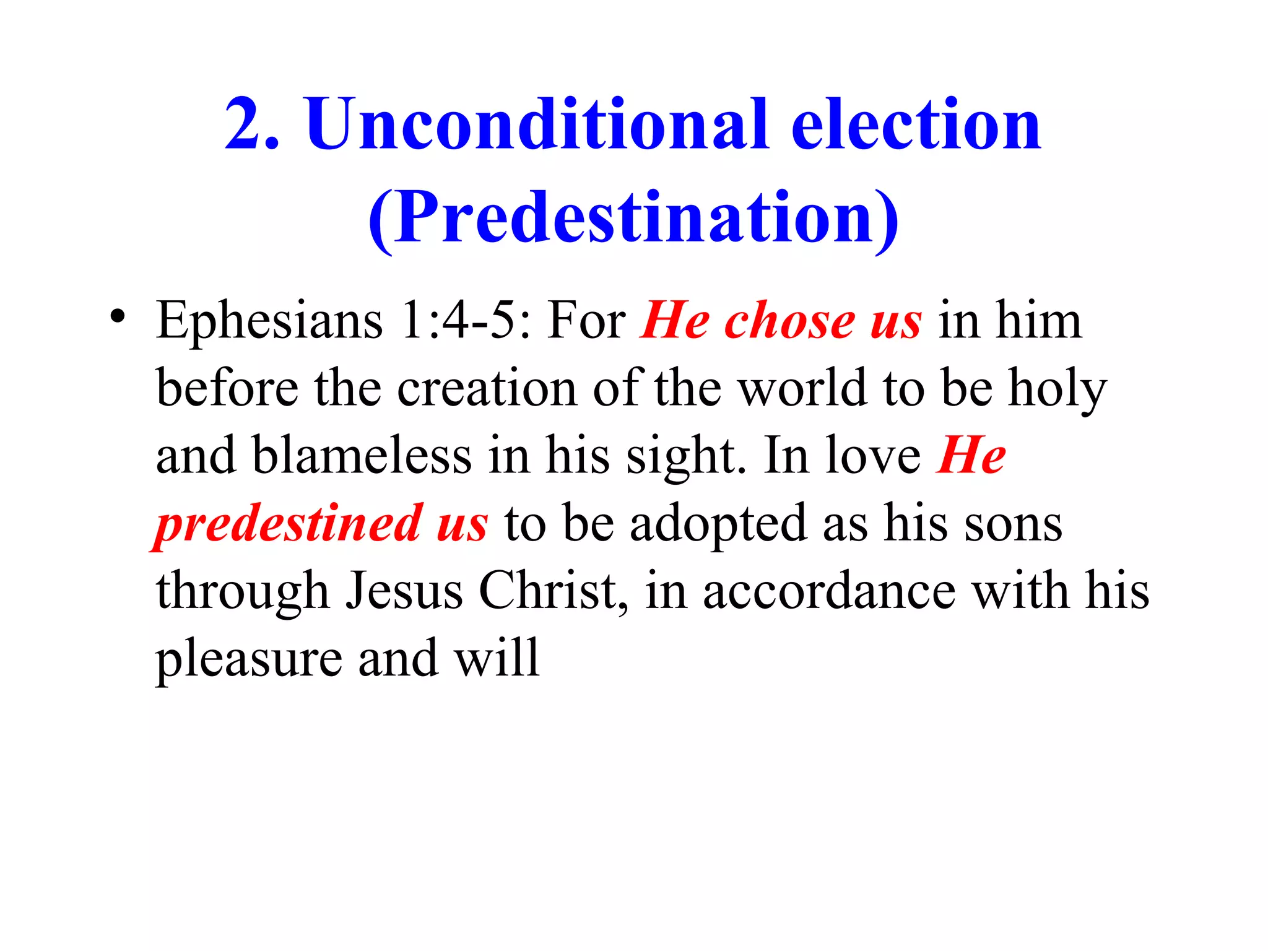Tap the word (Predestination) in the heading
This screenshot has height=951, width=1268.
633,218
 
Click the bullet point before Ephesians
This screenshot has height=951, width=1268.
117,317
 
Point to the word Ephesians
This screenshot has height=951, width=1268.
269,322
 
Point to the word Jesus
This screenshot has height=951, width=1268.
404,591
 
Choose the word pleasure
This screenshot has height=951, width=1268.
248,659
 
